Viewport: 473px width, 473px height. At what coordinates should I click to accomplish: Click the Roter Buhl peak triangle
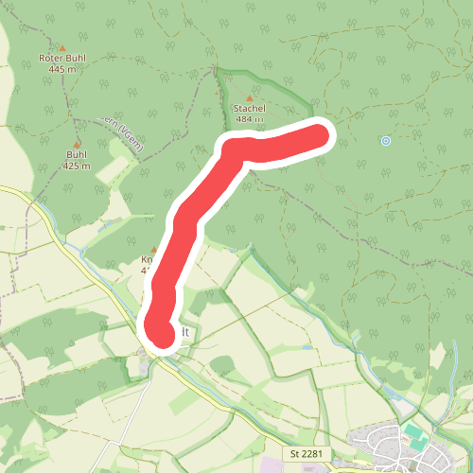pyautogui.click(x=63, y=47)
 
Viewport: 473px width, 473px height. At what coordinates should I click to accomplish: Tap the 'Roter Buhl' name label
pyautogui.click(x=62, y=59)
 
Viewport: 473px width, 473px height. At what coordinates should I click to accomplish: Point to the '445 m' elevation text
pyautogui.click(x=62, y=69)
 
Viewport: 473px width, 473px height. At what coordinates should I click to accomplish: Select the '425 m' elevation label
pyautogui.click(x=78, y=166)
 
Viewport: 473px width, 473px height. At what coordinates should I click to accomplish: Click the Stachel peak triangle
pyautogui.click(x=250, y=97)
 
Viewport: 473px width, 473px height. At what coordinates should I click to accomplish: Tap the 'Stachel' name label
pyautogui.click(x=250, y=109)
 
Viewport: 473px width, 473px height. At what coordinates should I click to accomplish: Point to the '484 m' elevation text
pyautogui.click(x=250, y=119)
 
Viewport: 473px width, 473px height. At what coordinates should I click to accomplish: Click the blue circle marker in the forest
pyautogui.click(x=385, y=141)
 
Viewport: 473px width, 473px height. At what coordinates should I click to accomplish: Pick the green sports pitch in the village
pyautogui.click(x=414, y=434)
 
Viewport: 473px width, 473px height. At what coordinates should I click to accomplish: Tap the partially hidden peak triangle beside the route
pyautogui.click(x=153, y=251)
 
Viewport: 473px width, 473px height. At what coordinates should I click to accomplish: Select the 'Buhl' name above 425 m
pyautogui.click(x=78, y=155)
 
